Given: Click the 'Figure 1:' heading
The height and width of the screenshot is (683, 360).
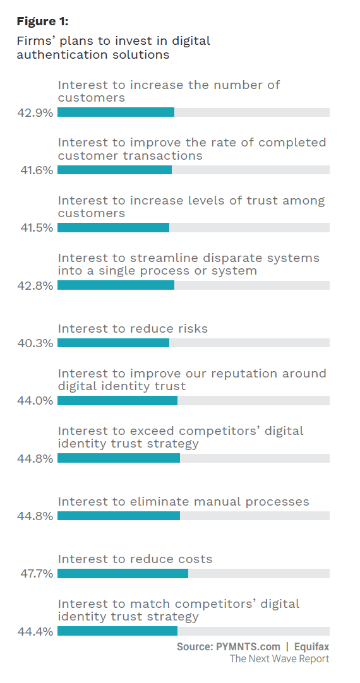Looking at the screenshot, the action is (43, 21).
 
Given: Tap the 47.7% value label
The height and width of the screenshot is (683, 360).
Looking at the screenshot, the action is (37, 573).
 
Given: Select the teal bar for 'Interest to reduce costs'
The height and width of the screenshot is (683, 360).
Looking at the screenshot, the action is (123, 573).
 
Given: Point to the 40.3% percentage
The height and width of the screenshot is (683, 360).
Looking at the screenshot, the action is (35, 343).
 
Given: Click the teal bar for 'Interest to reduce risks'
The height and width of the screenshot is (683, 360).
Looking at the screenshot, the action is (113, 343).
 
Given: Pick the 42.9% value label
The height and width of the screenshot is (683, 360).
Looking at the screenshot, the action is (35, 112).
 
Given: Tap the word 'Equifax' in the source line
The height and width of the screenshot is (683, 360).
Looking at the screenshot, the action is (311, 646).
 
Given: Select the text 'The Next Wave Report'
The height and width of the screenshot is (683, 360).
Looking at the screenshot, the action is (279, 658).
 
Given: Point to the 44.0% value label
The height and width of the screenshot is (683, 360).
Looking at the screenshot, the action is (35, 400).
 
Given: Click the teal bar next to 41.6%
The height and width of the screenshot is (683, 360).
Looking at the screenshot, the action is (114, 170).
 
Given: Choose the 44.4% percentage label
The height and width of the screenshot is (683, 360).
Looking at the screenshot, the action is (35, 631).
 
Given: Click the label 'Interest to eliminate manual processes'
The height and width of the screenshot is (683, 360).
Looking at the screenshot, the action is (184, 502).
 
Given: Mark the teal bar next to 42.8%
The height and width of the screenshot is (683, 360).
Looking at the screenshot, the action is (116, 285).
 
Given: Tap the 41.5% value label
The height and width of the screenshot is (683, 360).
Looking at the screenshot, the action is (37, 228).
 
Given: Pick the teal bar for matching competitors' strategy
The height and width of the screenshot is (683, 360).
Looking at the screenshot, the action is (117, 631).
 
